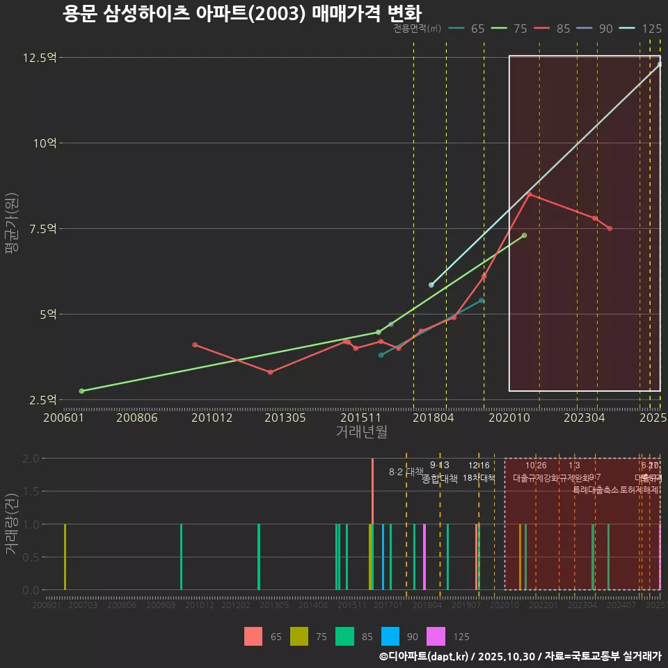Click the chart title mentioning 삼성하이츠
pyautogui.click(x=241, y=13)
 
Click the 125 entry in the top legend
pyautogui.click(x=651, y=29)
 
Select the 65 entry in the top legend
pyautogui.click(x=477, y=29)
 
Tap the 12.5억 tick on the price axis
pyautogui.click(x=39, y=57)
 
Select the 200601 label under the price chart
pyautogui.click(x=63, y=417)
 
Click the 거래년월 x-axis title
pyautogui.click(x=361, y=432)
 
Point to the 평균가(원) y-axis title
pyautogui.click(x=11, y=228)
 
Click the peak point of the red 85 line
pyautogui.click(x=529, y=194)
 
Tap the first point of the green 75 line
pyautogui.click(x=81, y=391)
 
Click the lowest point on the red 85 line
pyautogui.click(x=270, y=372)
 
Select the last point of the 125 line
pyautogui.click(x=660, y=64)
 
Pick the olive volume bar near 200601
pyautogui.click(x=65, y=557)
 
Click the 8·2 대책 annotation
pyautogui.click(x=406, y=472)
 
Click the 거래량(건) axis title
pyautogui.click(x=11, y=524)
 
